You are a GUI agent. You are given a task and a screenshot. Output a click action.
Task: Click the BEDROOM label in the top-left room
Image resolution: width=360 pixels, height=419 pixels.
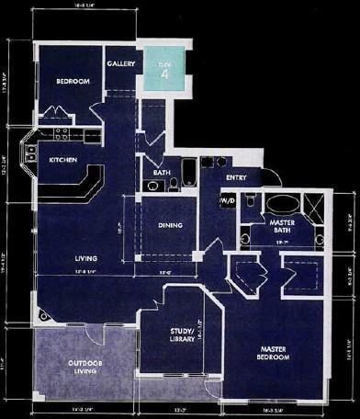pos(72,82)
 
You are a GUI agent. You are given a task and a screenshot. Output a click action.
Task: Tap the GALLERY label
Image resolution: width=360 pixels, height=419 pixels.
pos(120,63)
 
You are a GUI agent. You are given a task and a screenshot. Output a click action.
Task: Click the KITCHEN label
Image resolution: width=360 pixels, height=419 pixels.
pos(56,159)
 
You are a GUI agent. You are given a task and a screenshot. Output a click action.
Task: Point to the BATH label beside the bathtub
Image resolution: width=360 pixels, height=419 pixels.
pos(161,171)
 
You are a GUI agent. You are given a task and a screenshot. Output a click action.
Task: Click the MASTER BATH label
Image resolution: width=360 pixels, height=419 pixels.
pos(281,227)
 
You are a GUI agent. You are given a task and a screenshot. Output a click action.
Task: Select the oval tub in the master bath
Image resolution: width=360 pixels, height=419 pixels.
pos(281,204)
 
